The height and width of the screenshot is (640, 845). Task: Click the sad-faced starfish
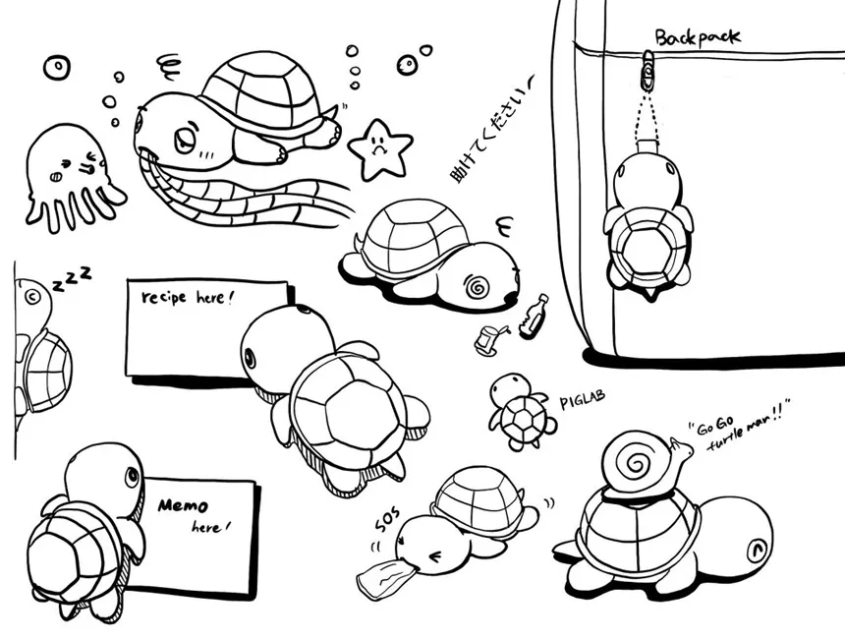379,149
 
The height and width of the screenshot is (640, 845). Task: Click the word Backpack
698,36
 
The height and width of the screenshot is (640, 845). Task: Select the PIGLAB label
582,399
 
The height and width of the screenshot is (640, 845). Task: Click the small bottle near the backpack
534,317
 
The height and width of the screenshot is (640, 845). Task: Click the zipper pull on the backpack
648,69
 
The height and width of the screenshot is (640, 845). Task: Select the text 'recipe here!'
187,297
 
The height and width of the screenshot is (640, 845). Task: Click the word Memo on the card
183,505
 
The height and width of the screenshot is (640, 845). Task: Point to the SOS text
388,519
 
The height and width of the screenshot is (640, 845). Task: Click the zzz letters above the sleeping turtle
71,279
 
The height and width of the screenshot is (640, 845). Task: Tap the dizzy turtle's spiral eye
477,287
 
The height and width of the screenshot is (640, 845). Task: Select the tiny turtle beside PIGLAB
522,411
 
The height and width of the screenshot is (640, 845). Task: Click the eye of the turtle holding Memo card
132,476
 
